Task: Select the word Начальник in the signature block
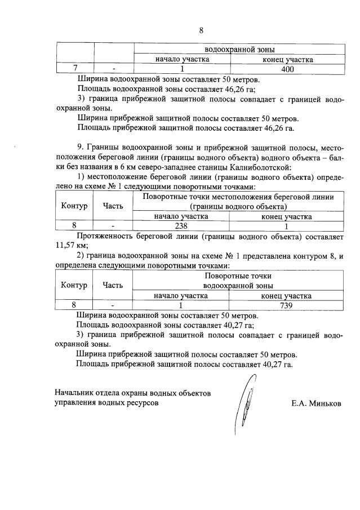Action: [75, 392]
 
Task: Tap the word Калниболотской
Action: [260, 167]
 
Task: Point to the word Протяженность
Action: [105, 235]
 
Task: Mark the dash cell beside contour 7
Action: [113, 69]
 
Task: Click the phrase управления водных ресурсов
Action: [106, 403]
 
